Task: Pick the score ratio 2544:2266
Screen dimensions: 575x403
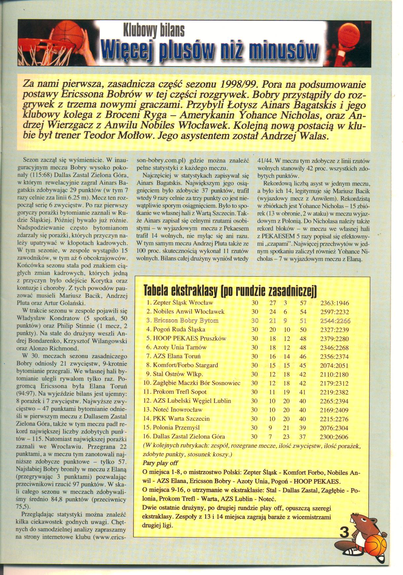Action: [335, 321]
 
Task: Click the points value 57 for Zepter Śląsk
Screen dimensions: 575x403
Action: [303, 303]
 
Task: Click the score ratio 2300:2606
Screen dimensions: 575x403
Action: [335, 437]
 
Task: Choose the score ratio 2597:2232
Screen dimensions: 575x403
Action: [335, 312]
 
